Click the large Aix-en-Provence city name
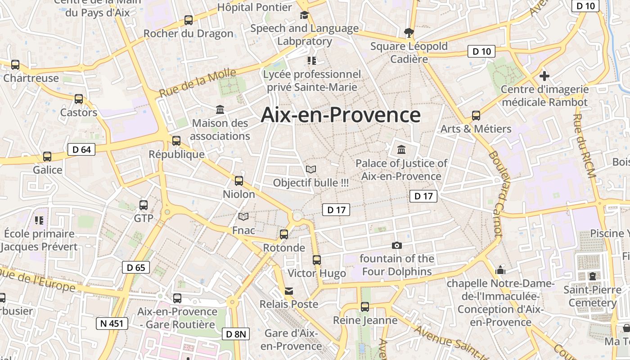click(341, 115)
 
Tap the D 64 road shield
click(81, 149)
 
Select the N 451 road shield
click(112, 323)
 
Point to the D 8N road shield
click(236, 334)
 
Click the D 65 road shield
click(136, 268)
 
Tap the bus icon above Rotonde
click(283, 234)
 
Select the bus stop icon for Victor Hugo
click(317, 260)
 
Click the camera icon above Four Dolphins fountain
click(396, 245)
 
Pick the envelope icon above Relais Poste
click(288, 291)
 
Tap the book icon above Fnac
click(243, 217)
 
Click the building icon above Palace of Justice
click(401, 149)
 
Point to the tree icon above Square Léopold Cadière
click(409, 32)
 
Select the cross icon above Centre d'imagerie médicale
click(544, 76)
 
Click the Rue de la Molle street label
click(198, 83)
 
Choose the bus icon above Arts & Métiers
click(476, 116)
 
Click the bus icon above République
click(176, 141)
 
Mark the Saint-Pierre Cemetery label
click(592, 296)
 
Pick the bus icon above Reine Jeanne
click(365, 307)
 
